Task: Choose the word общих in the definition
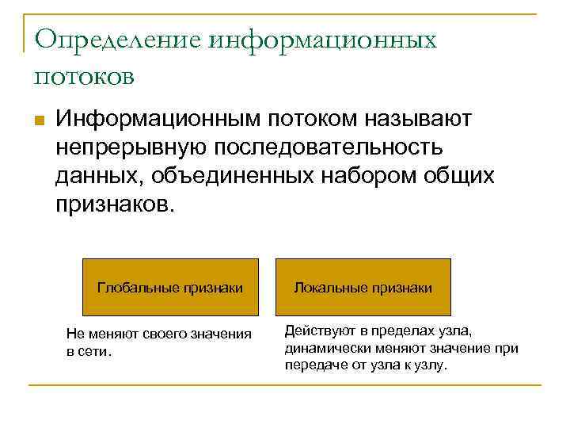coord(459,175)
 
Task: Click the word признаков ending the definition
coord(108,204)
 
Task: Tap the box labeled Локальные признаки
coord(363,287)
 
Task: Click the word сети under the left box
coord(94,350)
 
